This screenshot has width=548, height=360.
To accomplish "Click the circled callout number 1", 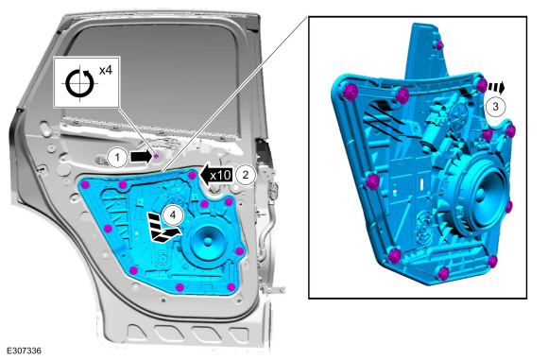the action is coord(117,158).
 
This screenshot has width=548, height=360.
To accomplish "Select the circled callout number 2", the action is coord(246,175).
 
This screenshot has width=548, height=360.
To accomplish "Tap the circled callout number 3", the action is coord(495,106).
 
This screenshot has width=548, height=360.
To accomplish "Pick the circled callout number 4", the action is coord(173,214).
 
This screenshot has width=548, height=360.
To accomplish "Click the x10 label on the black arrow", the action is coord(220,175).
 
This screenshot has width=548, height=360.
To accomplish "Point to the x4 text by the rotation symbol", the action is coord(105,70).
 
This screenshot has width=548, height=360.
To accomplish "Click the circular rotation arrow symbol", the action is coord(80,83).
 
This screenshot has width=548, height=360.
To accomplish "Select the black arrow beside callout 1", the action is coord(141,157).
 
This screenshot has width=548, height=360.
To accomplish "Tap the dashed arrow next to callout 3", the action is coord(497,87).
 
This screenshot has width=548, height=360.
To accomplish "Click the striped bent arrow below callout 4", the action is coord(162,227).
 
